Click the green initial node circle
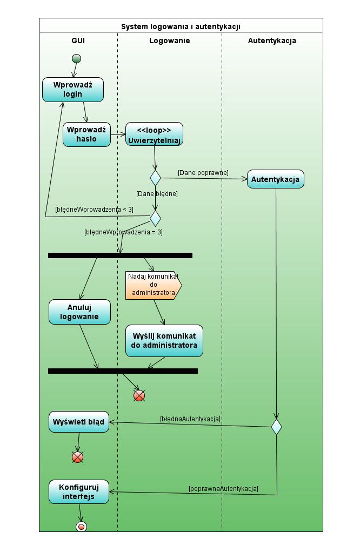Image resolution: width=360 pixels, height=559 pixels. (x=76, y=58)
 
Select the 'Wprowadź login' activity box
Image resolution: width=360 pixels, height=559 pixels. (x=73, y=90)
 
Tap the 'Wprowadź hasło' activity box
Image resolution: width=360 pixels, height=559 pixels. (x=86, y=134)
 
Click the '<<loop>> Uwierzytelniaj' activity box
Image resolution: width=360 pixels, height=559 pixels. (x=154, y=134)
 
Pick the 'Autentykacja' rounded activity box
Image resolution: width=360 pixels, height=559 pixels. (x=276, y=179)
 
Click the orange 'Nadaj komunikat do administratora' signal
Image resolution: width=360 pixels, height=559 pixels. (x=154, y=285)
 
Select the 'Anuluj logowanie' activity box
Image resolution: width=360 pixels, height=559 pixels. (x=79, y=312)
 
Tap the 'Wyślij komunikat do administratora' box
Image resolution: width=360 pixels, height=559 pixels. (x=164, y=341)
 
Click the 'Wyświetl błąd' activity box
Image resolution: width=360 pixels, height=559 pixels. (x=79, y=422)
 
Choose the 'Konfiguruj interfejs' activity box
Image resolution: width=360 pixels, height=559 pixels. (x=79, y=491)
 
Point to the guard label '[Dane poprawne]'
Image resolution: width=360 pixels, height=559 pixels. (x=203, y=173)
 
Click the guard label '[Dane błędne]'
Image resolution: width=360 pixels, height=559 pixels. (x=157, y=193)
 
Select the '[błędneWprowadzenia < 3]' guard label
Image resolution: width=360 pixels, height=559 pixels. (x=94, y=209)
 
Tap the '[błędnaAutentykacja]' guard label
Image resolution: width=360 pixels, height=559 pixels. (x=190, y=419)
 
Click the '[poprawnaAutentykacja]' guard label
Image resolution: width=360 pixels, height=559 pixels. (x=223, y=488)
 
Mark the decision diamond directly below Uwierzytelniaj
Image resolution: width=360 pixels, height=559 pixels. (x=155, y=178)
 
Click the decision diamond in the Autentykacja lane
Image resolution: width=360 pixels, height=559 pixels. (x=277, y=427)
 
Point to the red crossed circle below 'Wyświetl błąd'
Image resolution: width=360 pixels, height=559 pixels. (x=77, y=457)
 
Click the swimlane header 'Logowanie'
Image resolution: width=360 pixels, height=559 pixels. (x=170, y=41)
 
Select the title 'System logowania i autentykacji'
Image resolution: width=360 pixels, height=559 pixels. (x=181, y=26)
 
